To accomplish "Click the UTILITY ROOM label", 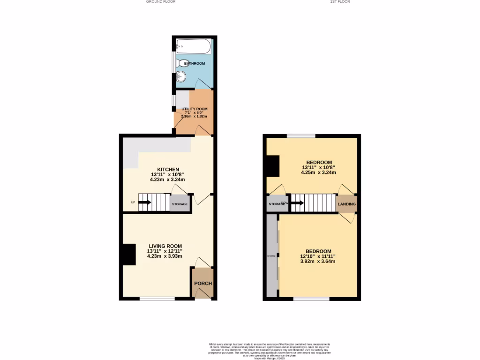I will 195,109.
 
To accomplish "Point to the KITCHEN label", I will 168,169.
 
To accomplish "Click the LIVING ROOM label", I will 165,246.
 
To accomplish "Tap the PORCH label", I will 203,284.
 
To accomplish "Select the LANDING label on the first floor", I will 347,204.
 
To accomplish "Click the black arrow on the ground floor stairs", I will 144,202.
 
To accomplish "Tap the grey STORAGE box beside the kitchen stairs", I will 180,204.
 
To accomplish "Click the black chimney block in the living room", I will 129,255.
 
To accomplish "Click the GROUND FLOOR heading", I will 161,2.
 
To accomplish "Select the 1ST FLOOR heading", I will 340,2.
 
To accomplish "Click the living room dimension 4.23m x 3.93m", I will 165,256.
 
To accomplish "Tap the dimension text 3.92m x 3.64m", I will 318,261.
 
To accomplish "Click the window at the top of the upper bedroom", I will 301,136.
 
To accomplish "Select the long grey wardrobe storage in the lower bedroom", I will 271,255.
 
